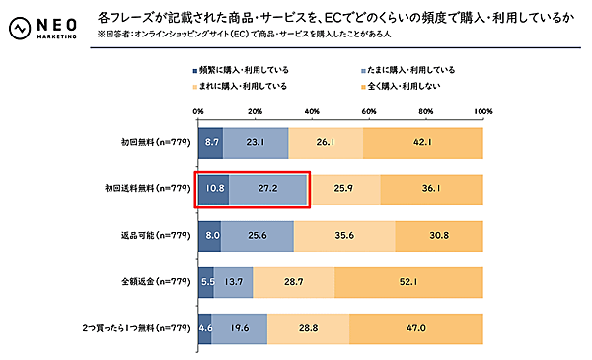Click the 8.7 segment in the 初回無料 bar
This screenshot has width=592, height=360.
pyautogui.click(x=211, y=142)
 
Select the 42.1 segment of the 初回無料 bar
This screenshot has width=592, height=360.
pyautogui.click(x=423, y=142)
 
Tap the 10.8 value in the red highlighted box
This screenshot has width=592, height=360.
pyautogui.click(x=214, y=188)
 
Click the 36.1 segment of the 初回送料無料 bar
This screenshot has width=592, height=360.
pyautogui.click(x=431, y=188)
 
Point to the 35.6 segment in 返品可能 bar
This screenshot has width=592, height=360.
pyautogui.click(x=344, y=236)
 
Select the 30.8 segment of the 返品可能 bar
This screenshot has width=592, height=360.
pyautogui.click(x=439, y=236)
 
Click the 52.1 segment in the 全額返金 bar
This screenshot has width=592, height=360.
pyautogui.click(x=408, y=282)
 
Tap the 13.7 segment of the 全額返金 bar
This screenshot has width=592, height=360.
pyautogui.click(x=234, y=282)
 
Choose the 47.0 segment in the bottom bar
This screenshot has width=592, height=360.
pyautogui.click(x=415, y=329)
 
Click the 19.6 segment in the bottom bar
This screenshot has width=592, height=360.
pyautogui.click(x=240, y=329)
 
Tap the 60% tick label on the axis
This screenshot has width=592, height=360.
pyautogui.click(x=369, y=111)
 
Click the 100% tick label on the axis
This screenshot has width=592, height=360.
pyautogui.click(x=481, y=111)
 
